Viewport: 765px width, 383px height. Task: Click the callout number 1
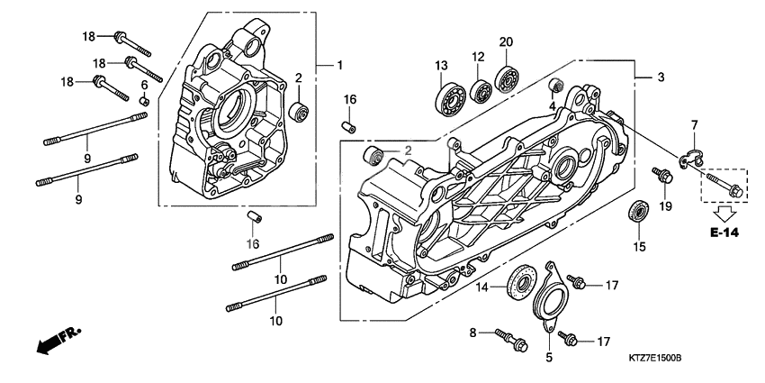click(340, 65)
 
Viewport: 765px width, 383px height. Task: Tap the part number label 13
click(441, 66)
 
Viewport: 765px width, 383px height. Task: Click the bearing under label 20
click(509, 80)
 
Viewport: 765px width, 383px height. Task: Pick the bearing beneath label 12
click(481, 91)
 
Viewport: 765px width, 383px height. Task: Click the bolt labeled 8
click(512, 340)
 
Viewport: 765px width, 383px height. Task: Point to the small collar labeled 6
click(142, 100)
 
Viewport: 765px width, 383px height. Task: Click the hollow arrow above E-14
click(723, 214)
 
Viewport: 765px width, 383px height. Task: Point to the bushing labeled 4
click(556, 87)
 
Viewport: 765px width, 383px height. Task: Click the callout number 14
click(481, 287)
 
